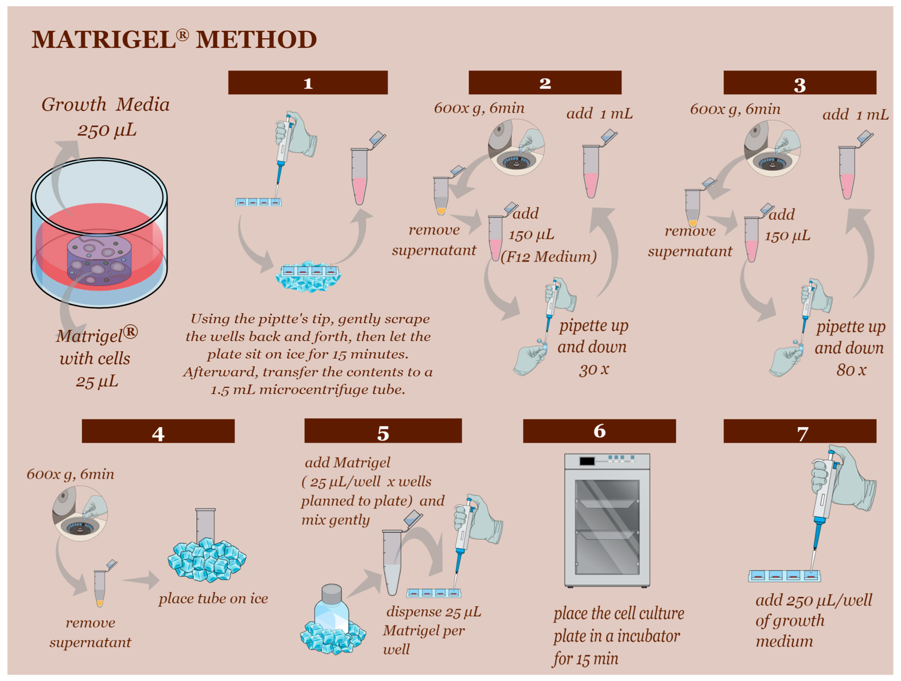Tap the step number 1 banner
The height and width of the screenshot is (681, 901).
(308, 83)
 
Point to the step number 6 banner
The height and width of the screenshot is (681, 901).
(599, 431)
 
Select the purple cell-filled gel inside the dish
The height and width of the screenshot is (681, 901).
(99, 260)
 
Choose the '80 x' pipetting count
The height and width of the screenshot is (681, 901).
(851, 370)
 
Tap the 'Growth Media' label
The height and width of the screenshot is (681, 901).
(106, 104)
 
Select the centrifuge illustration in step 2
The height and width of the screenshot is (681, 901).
(516, 147)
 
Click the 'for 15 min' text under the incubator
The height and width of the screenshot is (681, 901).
(585, 658)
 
